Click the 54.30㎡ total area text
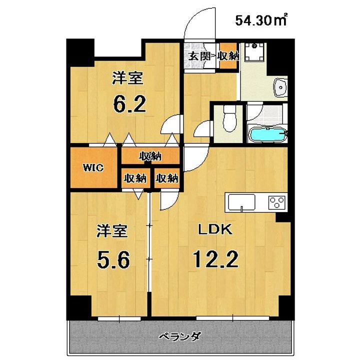[x=261, y=20]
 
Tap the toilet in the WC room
[x=229, y=118]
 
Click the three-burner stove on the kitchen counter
[x=277, y=202]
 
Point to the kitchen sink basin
[x=241, y=202]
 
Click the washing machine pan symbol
[x=253, y=52]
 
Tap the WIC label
[x=93, y=168]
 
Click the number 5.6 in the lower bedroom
[x=113, y=259]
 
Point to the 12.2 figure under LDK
[x=215, y=259]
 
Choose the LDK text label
[x=215, y=229]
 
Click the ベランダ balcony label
[x=180, y=337]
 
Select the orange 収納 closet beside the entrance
[x=228, y=55]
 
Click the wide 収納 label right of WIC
[x=150, y=156]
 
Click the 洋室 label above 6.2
[x=127, y=78]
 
